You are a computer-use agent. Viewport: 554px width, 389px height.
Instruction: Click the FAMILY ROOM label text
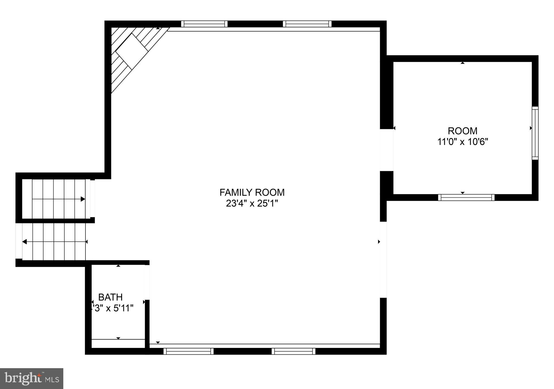[252, 192]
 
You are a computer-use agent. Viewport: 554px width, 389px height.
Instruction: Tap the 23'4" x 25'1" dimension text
[252, 203]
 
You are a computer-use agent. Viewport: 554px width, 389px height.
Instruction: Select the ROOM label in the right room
[463, 131]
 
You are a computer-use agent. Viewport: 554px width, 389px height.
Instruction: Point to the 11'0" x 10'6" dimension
[463, 142]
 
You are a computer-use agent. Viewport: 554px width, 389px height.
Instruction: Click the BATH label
[110, 297]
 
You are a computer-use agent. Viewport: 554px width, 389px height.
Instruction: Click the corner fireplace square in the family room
[132, 51]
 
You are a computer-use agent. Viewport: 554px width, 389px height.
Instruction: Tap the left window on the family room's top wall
[204, 24]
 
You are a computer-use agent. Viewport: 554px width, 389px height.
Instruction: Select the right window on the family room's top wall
[307, 24]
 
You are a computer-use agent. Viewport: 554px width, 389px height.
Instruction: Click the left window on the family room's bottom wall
[189, 351]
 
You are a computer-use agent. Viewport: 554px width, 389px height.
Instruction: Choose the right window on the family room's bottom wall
[294, 351]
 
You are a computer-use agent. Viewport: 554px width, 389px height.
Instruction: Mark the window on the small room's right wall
[535, 133]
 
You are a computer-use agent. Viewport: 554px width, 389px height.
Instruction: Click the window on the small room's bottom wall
[466, 197]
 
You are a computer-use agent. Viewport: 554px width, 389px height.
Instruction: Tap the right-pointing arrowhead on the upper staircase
[83, 199]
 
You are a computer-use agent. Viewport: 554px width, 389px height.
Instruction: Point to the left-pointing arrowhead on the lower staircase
[24, 242]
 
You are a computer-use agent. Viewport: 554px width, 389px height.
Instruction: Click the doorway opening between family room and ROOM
[387, 150]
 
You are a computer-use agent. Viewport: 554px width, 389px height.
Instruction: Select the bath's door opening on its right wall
[147, 282]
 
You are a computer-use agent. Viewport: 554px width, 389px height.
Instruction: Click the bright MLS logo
[32, 378]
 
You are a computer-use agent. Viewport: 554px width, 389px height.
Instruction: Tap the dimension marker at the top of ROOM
[463, 63]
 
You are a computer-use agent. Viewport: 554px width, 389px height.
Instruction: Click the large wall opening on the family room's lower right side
[383, 260]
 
